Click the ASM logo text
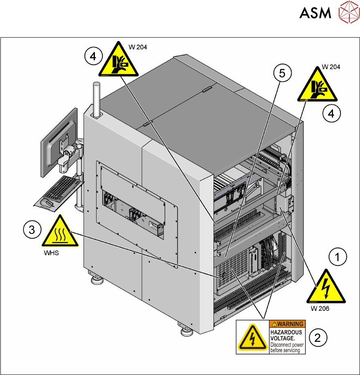tap(315, 13)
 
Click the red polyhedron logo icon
tap(348, 13)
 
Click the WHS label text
tap(52, 253)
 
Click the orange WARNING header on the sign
tap(287, 324)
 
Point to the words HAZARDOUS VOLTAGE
tap(286, 335)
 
